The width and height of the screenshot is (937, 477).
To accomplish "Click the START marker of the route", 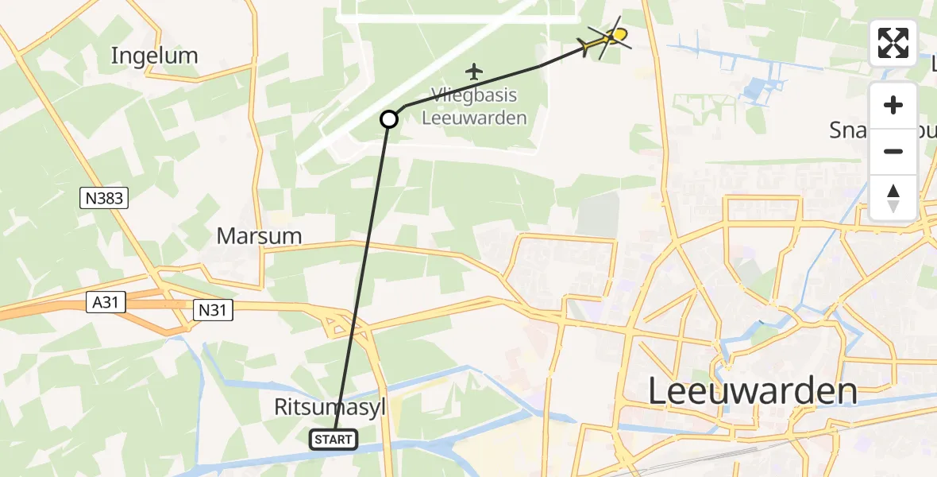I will [334, 439].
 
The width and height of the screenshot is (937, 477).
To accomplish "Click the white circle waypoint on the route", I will [389, 119].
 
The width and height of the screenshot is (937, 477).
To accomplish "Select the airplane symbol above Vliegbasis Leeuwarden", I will [475, 72].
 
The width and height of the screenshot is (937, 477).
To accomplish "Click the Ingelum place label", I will [154, 56].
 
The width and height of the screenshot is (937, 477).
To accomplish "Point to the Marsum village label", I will [260, 236].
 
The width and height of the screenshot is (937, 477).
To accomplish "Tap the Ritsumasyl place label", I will [330, 407].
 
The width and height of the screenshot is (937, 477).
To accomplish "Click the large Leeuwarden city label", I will [753, 391].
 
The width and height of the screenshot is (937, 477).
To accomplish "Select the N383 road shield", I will [103, 198].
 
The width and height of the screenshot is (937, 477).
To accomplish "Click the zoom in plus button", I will [893, 105].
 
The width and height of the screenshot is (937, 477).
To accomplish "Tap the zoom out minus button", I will [893, 151].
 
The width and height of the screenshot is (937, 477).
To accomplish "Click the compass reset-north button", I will [893, 197].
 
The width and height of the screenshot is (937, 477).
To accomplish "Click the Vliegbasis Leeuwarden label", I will [475, 107].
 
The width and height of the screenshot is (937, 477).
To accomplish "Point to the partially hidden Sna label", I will [848, 130].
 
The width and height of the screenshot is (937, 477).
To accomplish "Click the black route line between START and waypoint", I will [361, 278].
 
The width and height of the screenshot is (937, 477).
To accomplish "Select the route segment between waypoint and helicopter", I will [492, 79].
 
